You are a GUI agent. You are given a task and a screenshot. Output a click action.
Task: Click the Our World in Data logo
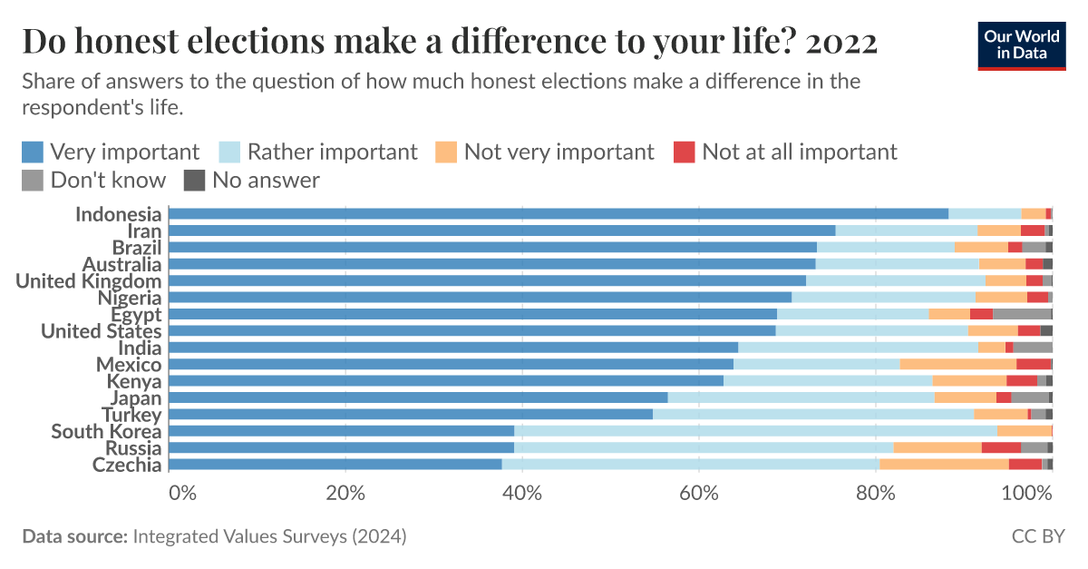coord(1022,45)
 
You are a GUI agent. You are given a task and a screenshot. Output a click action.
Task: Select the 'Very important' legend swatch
coord(33,152)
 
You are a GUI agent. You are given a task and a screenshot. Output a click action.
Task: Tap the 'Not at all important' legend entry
coord(785,152)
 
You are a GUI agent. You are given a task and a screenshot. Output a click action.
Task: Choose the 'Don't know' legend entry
coord(93,180)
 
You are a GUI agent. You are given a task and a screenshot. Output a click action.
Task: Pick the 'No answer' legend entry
coord(252,180)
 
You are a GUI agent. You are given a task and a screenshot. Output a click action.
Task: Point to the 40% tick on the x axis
coord(522,493)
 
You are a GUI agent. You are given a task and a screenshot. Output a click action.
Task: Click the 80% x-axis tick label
coord(876,493)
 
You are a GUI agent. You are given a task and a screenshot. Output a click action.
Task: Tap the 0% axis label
coord(182,493)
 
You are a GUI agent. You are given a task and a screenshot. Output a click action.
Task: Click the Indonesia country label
coord(118,214)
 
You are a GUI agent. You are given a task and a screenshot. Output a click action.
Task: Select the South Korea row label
coord(106,431)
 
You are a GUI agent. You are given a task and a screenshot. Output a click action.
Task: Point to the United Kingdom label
coord(89,281)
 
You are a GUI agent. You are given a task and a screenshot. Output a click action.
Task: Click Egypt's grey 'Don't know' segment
coord(1023,314)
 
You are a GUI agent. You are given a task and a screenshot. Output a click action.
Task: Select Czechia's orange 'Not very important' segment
coord(944,465)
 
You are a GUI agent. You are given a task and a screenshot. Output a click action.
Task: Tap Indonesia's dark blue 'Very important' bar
coord(559,214)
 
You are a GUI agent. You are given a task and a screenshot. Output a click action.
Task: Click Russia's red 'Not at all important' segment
coord(1001,448)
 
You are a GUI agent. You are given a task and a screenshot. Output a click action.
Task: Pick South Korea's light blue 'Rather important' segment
coord(756,431)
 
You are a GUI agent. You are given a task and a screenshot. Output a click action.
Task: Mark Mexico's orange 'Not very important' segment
coord(958,364)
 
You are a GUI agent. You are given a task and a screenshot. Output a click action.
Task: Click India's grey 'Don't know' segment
coord(1033,348)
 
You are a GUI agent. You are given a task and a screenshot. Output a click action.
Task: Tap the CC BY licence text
coord(1038,536)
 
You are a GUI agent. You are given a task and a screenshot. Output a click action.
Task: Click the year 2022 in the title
coord(841,42)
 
